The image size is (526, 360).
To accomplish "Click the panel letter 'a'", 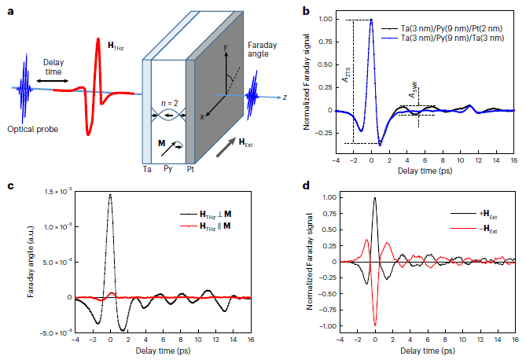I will [x=8, y=10].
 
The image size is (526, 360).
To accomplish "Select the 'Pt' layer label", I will [x=190, y=168].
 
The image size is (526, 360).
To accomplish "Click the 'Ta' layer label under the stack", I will [x=147, y=168].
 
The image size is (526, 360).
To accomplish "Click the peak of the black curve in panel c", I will [x=111, y=195].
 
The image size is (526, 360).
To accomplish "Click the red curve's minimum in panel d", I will [x=376, y=325].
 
